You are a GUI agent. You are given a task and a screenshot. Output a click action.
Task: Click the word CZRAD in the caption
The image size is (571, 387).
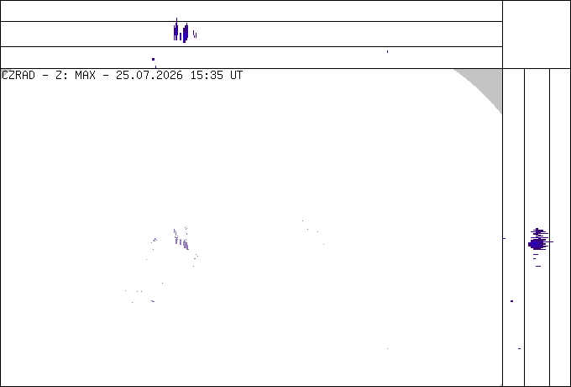18,76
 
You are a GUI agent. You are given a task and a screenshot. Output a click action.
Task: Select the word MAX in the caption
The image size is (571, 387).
85,76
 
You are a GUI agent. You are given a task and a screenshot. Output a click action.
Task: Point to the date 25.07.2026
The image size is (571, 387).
149,76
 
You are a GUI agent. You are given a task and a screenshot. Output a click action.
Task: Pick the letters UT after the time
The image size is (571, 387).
237,76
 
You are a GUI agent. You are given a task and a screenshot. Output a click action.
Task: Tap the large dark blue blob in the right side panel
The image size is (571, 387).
538,243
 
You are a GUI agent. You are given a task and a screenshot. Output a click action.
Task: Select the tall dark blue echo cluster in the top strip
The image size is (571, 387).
181,32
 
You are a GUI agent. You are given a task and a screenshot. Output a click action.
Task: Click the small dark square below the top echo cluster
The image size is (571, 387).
154,59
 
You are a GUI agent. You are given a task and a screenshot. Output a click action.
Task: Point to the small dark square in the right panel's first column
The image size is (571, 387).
512,301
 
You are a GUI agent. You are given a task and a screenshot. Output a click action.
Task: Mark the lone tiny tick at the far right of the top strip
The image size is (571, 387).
387,52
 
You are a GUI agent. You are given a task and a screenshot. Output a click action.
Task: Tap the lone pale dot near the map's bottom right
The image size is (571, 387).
387,348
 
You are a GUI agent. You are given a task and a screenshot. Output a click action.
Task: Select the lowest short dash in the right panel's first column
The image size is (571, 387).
519,348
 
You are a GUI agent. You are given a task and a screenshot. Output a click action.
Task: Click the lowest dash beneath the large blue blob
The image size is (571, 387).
538,266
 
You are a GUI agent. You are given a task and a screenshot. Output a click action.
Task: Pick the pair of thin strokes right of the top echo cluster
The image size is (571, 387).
195,34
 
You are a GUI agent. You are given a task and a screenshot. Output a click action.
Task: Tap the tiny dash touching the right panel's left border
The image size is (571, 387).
505,239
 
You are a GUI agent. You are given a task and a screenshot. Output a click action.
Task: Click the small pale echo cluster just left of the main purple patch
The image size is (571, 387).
155,240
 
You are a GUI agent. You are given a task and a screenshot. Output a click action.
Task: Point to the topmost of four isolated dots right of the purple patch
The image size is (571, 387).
302,220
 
